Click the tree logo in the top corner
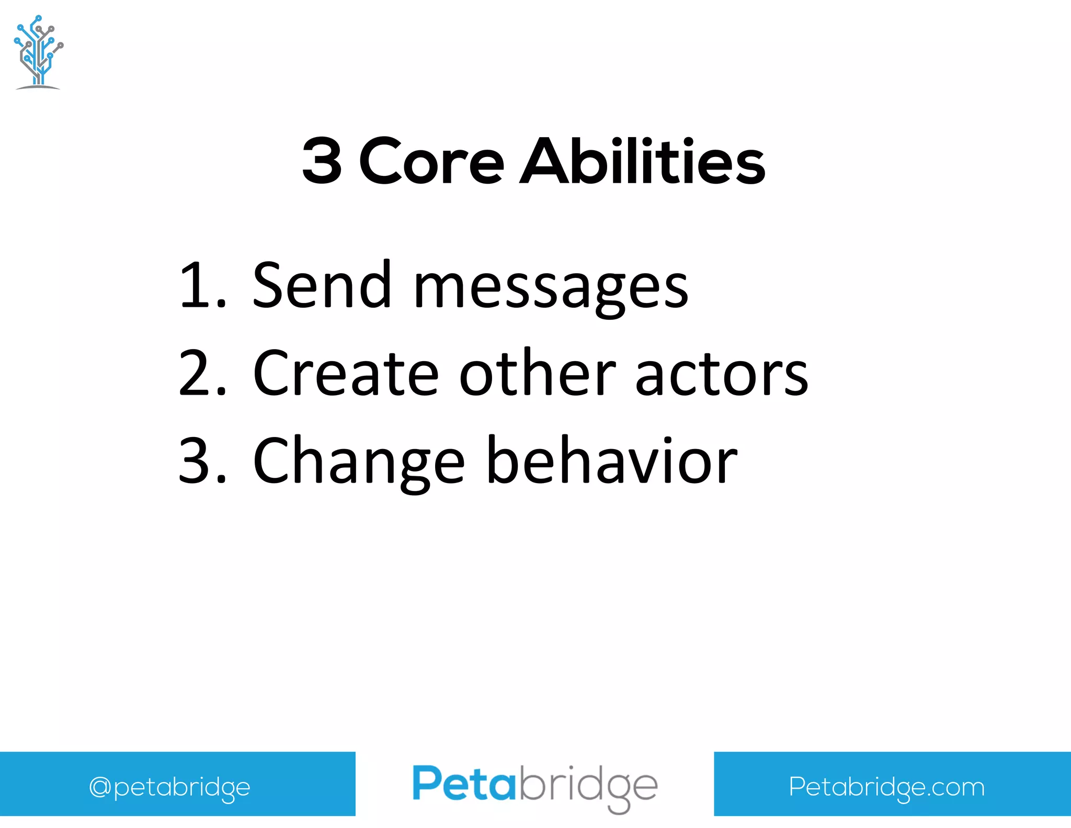tap(38, 52)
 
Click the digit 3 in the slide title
tap(322, 161)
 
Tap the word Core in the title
tap(431, 161)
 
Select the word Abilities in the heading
tap(642, 161)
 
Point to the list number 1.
tap(201, 285)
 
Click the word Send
tap(321, 285)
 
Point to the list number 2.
tap(201, 373)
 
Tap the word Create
tap(345, 373)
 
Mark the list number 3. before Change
tap(201, 461)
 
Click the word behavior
tap(612, 461)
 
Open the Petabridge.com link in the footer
tap(886, 787)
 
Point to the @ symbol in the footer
tap(99, 787)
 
